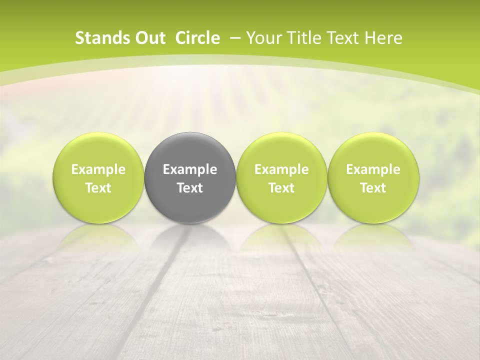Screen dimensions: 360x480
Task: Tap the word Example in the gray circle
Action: tap(190, 169)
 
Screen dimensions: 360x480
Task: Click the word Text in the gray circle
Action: tap(190, 188)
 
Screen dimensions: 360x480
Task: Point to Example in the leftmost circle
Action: tap(98, 169)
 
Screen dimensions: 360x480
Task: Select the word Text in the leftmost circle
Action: tap(98, 188)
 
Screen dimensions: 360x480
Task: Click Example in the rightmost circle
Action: tap(373, 169)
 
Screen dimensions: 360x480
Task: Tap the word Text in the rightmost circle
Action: tap(373, 188)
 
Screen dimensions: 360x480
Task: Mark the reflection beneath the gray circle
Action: tap(190, 237)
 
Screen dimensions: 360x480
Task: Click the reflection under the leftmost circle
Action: tap(98, 237)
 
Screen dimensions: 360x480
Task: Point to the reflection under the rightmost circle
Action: tap(373, 237)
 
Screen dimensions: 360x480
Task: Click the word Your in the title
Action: tap(263, 38)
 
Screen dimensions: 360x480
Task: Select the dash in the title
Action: tap(234, 38)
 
